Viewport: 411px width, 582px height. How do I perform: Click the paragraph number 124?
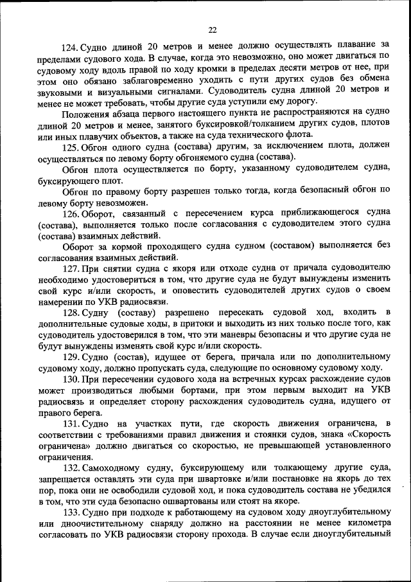pos(69,47)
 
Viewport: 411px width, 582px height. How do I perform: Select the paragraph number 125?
pos(71,147)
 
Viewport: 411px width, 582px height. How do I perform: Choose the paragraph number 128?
pos(71,313)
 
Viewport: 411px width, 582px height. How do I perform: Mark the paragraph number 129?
pos(71,357)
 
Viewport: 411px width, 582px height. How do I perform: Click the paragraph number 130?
pos(71,379)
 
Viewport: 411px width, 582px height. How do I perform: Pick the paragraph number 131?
pos(71,423)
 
